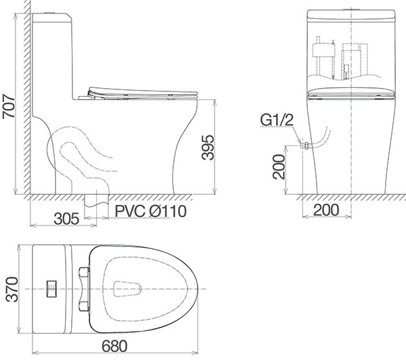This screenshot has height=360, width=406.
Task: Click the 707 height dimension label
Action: click(9, 107)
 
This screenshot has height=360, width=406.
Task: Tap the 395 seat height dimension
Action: click(208, 147)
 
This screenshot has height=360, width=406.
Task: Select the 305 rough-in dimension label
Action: click(66, 219)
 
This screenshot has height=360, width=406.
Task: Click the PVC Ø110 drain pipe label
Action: click(150, 211)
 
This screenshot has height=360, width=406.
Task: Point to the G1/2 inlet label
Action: click(277, 120)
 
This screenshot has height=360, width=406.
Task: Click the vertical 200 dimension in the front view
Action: click(279, 166)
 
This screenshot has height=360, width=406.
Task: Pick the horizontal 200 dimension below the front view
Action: click(326, 210)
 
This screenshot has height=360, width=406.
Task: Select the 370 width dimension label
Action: click(12, 290)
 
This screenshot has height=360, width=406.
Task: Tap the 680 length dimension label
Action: click(114, 346)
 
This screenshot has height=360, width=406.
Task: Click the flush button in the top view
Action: click(51, 289)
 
